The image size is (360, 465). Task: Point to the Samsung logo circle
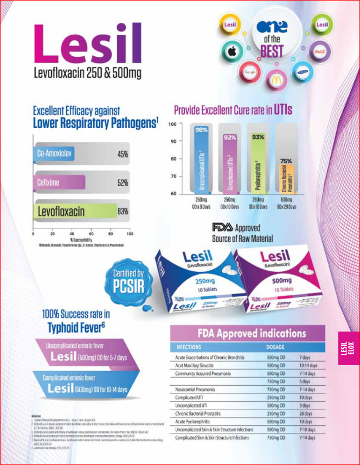(x=305, y=72)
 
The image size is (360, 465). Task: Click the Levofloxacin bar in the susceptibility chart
(x=75, y=211)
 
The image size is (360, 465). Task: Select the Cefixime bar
(x=59, y=182)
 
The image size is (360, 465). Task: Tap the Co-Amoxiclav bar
(x=54, y=154)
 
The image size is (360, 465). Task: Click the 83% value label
(x=123, y=211)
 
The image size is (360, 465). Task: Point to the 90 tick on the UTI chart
(x=173, y=142)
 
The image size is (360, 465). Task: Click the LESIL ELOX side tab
(x=349, y=348)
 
